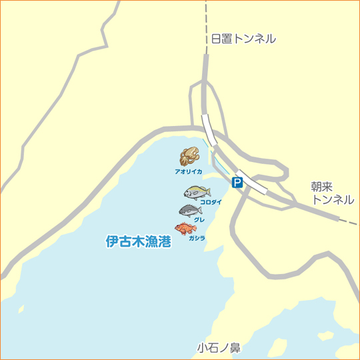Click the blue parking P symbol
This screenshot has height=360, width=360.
[x=237, y=182]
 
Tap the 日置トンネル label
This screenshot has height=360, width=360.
[x=243, y=39]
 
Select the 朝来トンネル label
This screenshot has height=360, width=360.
[x=332, y=193]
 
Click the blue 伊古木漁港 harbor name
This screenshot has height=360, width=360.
[x=139, y=241]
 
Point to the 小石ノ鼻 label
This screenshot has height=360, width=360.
[x=219, y=347]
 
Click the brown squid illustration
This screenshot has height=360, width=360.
[x=189, y=157]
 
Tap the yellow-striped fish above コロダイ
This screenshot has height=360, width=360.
[x=197, y=192]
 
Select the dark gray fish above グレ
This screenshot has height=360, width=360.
[x=190, y=211]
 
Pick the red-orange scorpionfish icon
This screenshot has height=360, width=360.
[x=185, y=229]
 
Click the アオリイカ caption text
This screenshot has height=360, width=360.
[x=188, y=171]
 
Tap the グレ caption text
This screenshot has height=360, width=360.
[x=199, y=219]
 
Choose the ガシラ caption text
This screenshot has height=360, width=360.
[x=197, y=238]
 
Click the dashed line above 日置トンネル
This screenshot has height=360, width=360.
[x=206, y=13]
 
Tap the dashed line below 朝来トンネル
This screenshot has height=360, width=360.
[x=347, y=220]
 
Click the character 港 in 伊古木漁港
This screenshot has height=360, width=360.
[x=164, y=241]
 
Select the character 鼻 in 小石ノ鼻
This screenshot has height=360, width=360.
[x=234, y=347]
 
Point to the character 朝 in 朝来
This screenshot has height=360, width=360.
[x=317, y=187]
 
